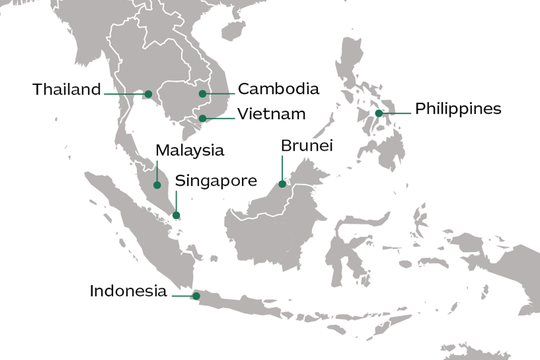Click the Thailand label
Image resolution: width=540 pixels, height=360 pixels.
(x=67, y=90)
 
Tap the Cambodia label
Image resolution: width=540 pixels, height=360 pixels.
(x=279, y=89)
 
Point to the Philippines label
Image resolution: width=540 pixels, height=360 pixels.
(x=457, y=108)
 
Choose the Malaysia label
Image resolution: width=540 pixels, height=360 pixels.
(x=189, y=151)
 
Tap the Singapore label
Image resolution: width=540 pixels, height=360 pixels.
(x=216, y=181)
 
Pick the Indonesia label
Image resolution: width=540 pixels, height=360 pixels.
(x=127, y=292)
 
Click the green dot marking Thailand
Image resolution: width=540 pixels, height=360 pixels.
(x=148, y=95)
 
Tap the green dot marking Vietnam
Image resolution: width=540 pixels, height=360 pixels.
(x=202, y=119)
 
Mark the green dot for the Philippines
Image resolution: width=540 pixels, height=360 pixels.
(x=379, y=114)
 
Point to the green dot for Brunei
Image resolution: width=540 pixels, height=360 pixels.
(x=283, y=184)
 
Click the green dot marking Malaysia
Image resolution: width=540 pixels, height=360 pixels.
(x=156, y=184)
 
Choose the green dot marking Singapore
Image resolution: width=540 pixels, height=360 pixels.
(x=176, y=215)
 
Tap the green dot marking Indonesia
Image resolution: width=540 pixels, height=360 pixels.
(x=196, y=296)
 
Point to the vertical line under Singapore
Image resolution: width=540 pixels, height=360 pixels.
(x=176, y=203)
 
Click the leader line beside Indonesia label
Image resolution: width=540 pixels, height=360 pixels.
(x=182, y=296)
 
